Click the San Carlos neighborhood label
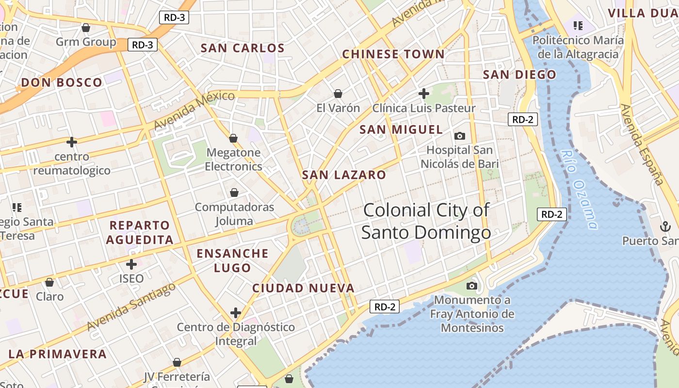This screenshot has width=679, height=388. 242,48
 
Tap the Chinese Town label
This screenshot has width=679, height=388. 393,54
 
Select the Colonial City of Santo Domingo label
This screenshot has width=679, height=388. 426,222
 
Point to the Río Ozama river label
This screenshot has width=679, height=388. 579,189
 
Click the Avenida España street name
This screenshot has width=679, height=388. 642,144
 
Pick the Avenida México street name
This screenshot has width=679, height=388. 194,110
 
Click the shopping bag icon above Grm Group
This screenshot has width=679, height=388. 86,28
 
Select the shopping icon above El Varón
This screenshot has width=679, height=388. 338,93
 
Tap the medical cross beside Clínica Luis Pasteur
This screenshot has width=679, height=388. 424,93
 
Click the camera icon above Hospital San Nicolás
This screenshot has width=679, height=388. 459,136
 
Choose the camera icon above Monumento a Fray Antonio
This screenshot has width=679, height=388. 471,286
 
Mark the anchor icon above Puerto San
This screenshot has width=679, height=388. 664,226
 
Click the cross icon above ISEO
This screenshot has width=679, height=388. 131,264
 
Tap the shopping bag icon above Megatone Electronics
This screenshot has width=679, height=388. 233,138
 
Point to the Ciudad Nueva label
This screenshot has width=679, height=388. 304,288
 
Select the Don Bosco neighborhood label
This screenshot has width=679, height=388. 62,82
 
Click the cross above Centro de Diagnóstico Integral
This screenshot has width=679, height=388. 236,313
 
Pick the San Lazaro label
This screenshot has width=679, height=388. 344,175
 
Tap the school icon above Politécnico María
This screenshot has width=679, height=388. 578,25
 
